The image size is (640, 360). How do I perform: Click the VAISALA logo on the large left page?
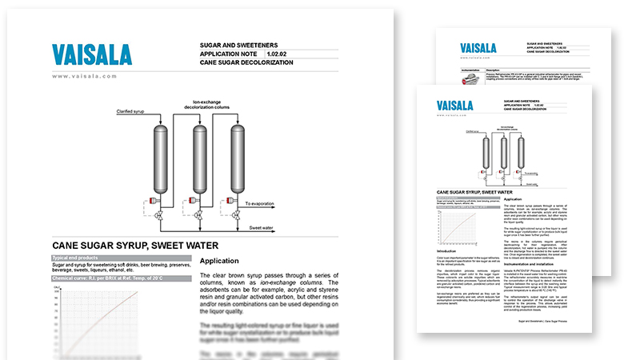pyautogui.click(x=92, y=55)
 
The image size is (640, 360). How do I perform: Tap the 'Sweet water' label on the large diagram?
pyautogui.click(x=263, y=228)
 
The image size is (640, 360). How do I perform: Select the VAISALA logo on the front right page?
pyautogui.click(x=458, y=106)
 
